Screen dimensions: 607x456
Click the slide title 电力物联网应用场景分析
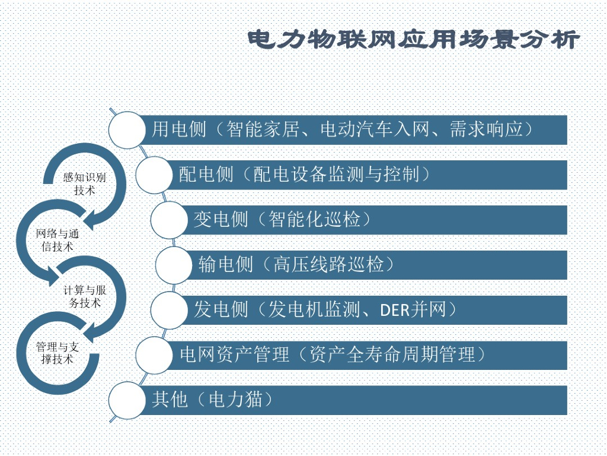413,40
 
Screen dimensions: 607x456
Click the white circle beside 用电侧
127,129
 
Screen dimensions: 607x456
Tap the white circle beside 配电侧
154,175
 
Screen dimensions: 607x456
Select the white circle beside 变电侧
169,220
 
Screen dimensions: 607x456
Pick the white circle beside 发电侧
169,310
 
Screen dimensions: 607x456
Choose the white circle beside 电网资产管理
154,355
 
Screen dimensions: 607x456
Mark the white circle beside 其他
127,400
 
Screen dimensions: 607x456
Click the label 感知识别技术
85,183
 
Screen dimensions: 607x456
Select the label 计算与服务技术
85,296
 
